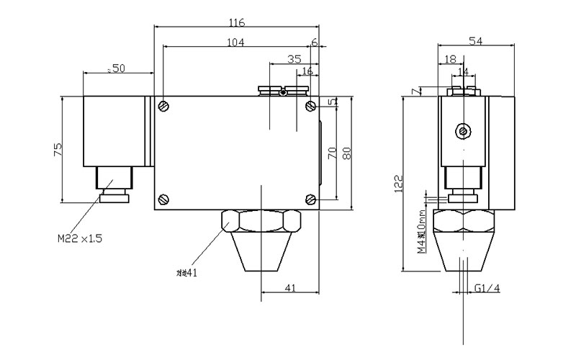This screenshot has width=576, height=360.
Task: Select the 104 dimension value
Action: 235,42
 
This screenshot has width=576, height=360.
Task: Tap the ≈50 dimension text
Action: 116,68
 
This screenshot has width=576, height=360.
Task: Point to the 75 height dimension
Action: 58,150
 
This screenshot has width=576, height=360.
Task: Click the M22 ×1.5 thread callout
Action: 80,238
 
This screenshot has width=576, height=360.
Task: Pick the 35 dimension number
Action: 294,59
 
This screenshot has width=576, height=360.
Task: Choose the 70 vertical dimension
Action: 332,153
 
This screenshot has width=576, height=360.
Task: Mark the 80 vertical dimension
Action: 346,153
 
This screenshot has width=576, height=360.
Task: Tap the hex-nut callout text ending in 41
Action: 186,272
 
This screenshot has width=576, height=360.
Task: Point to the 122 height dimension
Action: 398,184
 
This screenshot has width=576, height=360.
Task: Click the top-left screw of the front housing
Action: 166,107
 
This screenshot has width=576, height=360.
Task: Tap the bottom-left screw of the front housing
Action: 166,199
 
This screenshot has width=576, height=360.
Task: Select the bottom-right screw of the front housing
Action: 310,199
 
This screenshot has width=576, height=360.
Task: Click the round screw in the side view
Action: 464,131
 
